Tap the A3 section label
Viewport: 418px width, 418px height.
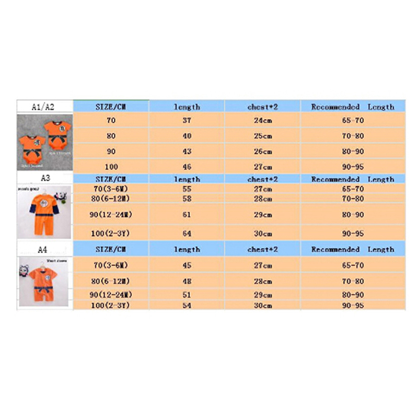point(45,178)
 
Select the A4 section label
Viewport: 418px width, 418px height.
point(44,249)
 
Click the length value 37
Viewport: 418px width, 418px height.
point(187,120)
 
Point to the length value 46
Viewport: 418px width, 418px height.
point(187,167)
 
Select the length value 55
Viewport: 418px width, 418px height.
point(187,189)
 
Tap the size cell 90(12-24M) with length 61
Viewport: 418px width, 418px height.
point(111,215)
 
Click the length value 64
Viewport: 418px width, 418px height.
point(187,233)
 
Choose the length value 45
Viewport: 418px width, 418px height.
point(187,265)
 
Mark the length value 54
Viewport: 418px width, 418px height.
point(187,305)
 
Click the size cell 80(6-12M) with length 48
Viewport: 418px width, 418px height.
point(111,281)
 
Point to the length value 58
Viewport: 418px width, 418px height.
point(187,199)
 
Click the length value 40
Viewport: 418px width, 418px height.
point(187,136)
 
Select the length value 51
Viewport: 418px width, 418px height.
point(187,295)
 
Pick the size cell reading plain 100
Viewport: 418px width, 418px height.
point(111,167)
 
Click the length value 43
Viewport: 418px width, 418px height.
point(187,152)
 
